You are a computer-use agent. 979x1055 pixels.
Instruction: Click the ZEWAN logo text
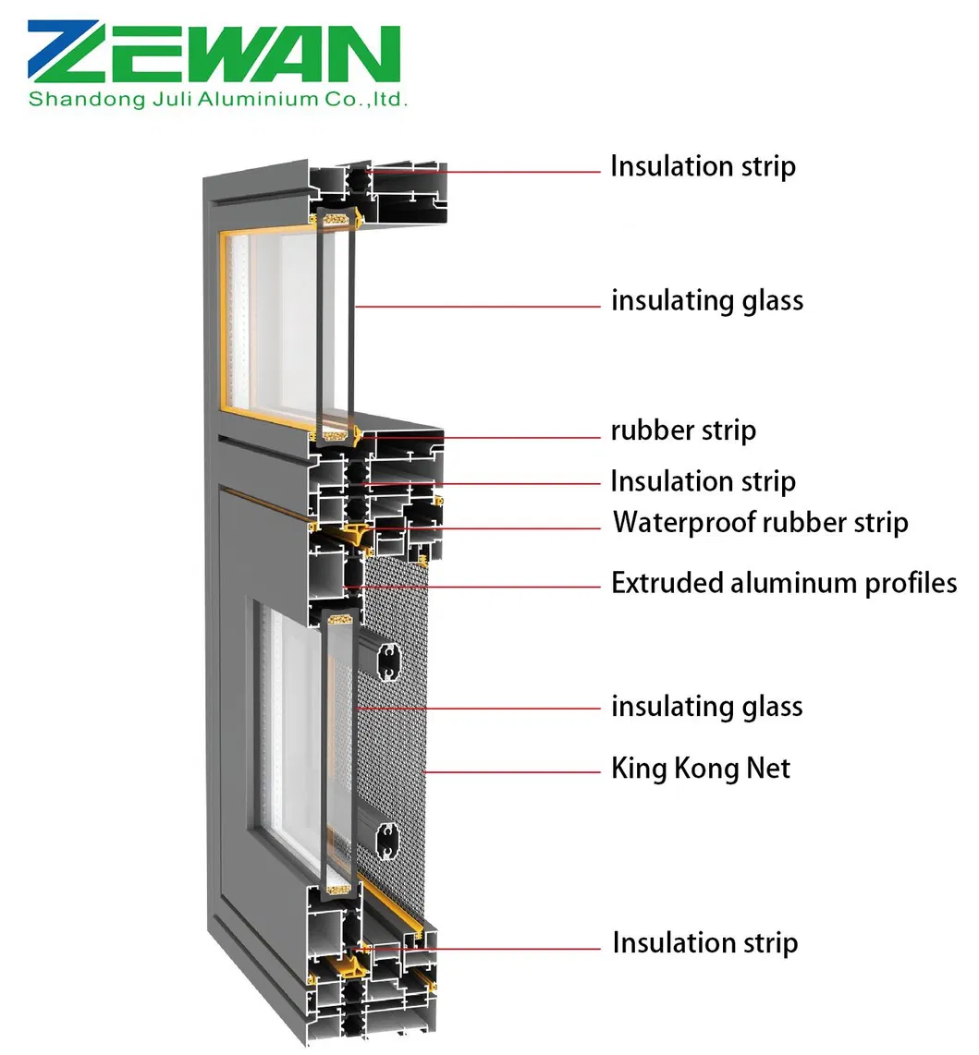214,55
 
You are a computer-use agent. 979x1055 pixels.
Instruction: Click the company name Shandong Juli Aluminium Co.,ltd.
218,99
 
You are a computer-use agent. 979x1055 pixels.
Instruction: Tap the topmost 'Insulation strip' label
703,167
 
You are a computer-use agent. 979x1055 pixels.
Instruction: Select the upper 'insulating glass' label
707,301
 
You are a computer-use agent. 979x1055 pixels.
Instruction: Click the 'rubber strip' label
683,430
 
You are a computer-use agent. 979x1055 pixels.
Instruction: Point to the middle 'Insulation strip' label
703,481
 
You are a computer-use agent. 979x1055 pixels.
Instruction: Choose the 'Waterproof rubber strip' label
760,523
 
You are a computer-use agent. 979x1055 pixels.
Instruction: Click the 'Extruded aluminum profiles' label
784,584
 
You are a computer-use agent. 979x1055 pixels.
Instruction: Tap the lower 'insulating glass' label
707,707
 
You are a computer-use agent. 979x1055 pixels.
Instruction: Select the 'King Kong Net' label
701,769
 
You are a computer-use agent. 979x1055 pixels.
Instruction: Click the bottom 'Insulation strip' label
704,943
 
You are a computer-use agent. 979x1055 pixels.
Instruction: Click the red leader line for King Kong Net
513,770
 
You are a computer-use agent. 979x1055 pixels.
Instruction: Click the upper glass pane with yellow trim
273,323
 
